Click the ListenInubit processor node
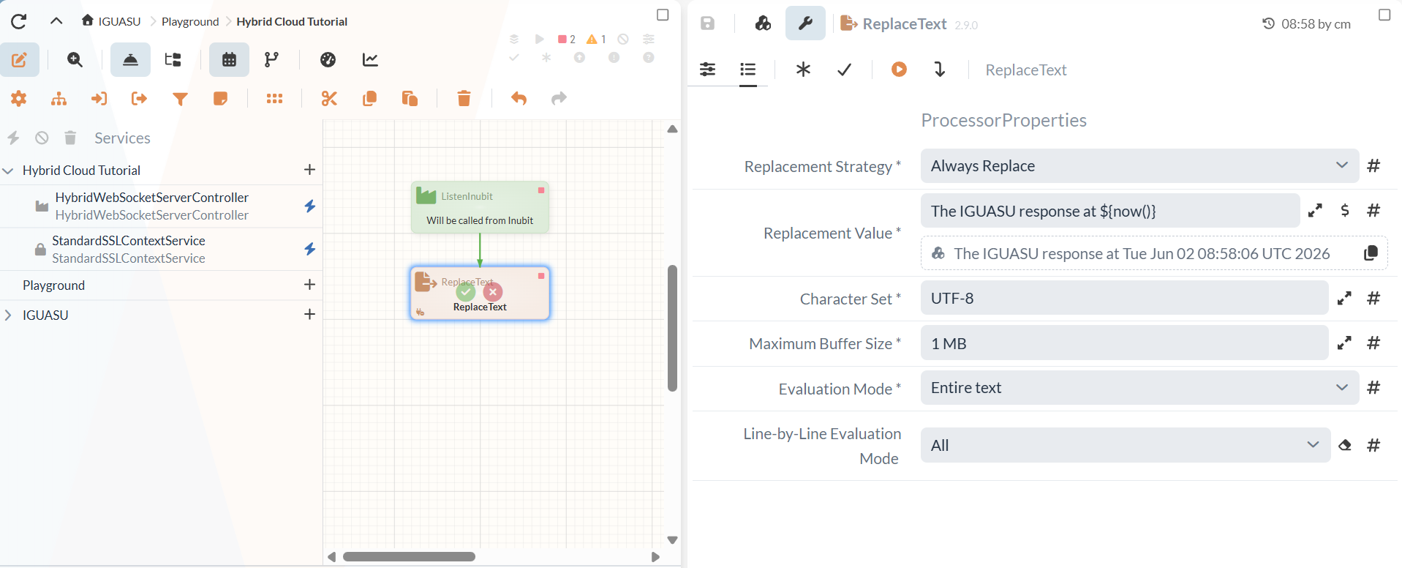coord(480,207)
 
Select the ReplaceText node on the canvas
coord(480,293)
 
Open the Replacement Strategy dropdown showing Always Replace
coord(1139,166)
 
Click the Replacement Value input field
coord(1109,211)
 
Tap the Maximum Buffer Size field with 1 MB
coord(1124,343)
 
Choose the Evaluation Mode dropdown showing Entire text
coord(1139,388)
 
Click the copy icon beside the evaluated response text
coord(1371,253)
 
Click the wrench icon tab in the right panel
coord(805,23)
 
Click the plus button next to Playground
coord(309,285)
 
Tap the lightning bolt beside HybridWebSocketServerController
coord(310,206)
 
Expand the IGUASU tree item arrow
coord(8,315)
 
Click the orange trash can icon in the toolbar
coord(464,98)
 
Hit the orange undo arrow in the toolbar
coord(519,98)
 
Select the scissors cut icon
coord(329,98)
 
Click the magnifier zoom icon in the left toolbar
coord(75,60)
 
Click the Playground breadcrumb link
coord(190,21)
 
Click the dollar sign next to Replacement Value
coord(1344,211)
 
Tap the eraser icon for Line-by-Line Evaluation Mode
coord(1344,445)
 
